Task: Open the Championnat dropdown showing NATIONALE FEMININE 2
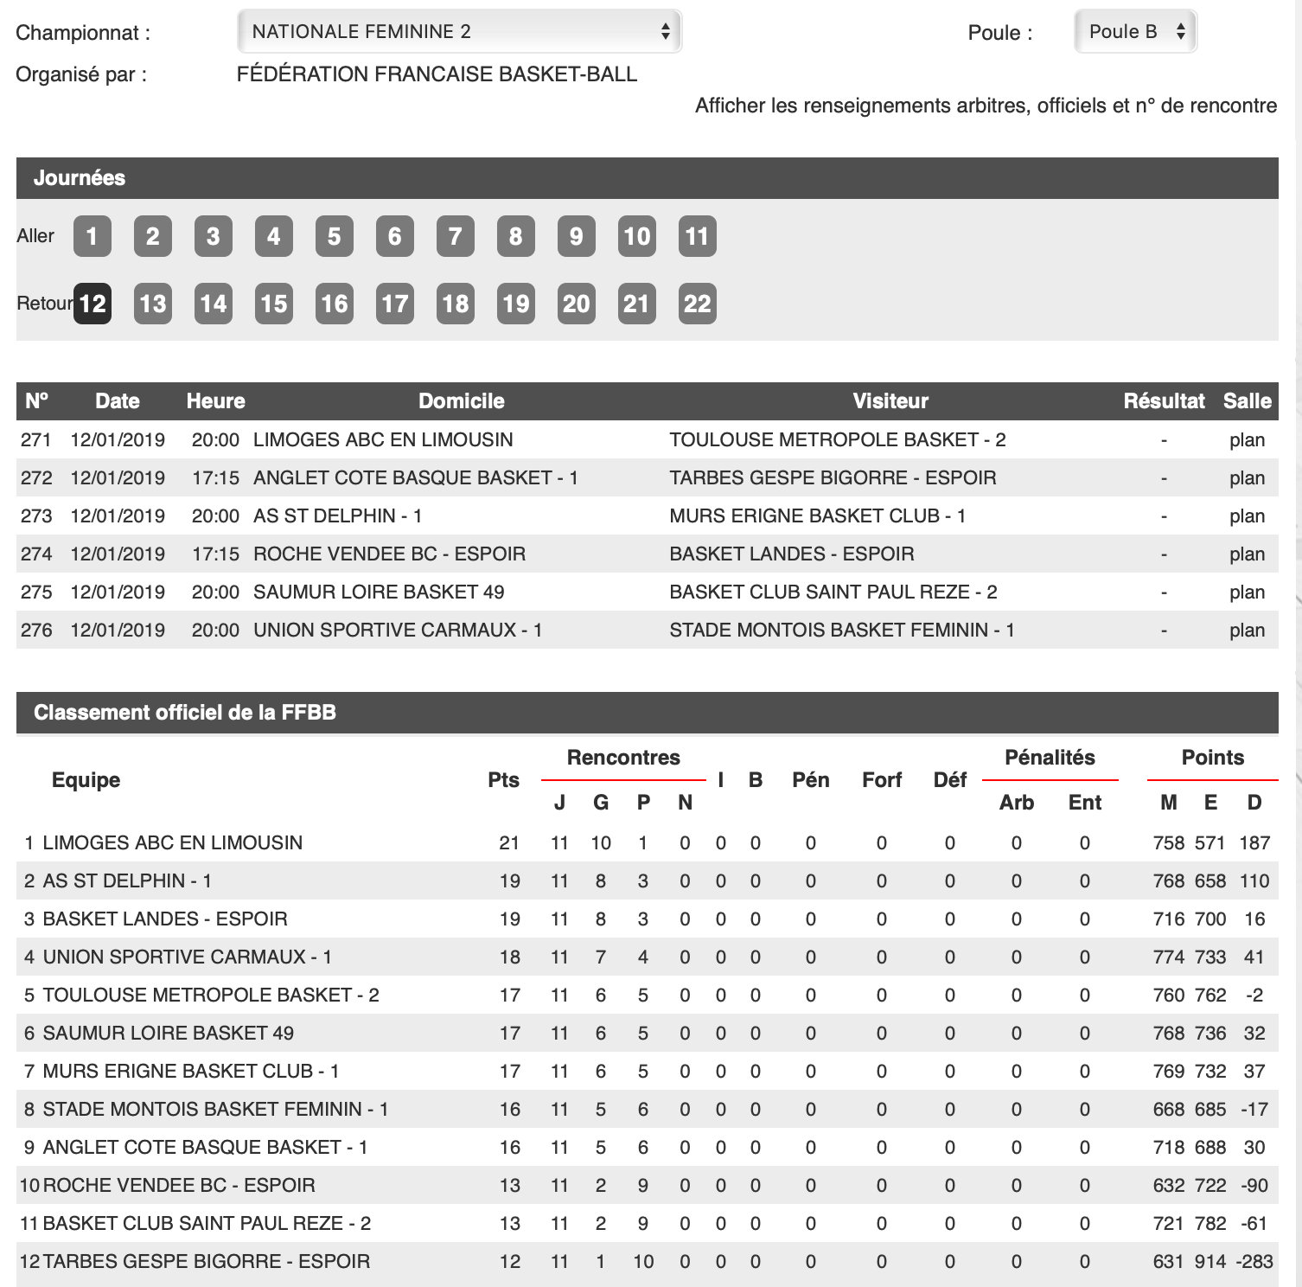click(459, 32)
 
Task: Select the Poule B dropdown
click(1134, 32)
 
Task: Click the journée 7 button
click(455, 236)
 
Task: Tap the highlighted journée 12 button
click(93, 304)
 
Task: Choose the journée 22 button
click(697, 304)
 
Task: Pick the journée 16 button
click(334, 304)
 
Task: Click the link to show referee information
click(986, 106)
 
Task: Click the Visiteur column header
click(890, 401)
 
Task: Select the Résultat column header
click(1164, 401)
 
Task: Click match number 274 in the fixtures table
click(36, 554)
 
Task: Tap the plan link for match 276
click(1247, 630)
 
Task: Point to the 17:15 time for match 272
click(215, 477)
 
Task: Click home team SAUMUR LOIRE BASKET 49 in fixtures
click(379, 592)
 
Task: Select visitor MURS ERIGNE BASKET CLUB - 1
click(817, 515)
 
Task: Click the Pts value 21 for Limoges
click(509, 842)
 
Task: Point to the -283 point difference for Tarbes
click(1254, 1261)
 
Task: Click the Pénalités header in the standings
click(1050, 758)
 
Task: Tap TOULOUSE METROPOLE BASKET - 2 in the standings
click(211, 995)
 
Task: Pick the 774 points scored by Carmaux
click(1168, 957)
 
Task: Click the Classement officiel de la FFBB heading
click(185, 713)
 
